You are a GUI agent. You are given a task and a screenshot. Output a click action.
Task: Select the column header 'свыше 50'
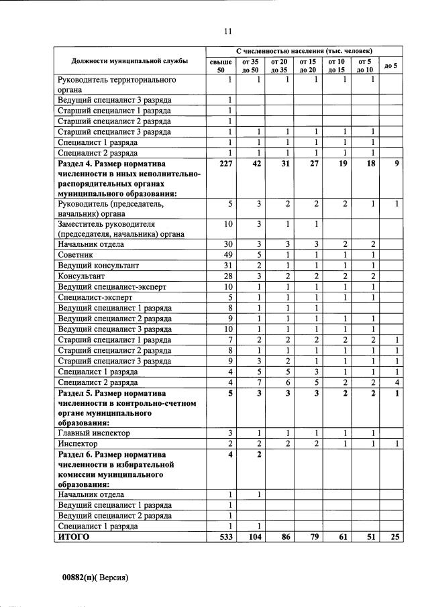point(221,66)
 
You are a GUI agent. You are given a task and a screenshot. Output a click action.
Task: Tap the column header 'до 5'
point(390,66)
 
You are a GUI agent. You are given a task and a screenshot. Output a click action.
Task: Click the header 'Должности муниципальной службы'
point(130,62)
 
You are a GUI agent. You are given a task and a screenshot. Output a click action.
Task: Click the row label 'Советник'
point(75,256)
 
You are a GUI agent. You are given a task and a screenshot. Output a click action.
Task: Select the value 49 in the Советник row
point(227,256)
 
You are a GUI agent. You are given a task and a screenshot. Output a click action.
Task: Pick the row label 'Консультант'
point(80,276)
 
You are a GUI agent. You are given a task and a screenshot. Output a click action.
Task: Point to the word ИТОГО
point(73,537)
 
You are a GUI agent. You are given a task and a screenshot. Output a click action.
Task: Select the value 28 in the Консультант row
point(227,276)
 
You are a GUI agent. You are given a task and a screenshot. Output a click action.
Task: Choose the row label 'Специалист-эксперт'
point(95,297)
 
